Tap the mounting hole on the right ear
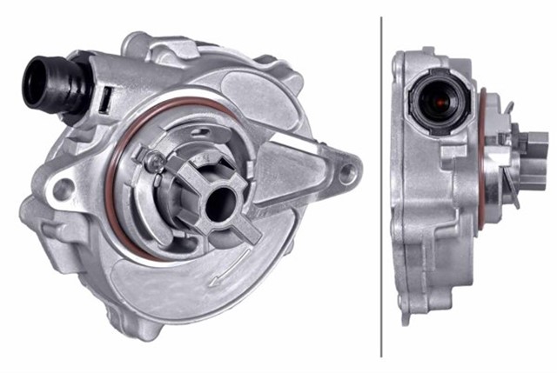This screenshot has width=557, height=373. (x=347, y=172)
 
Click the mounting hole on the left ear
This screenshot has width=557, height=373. (x=62, y=187)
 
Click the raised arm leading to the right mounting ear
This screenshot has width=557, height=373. (x=300, y=165)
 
